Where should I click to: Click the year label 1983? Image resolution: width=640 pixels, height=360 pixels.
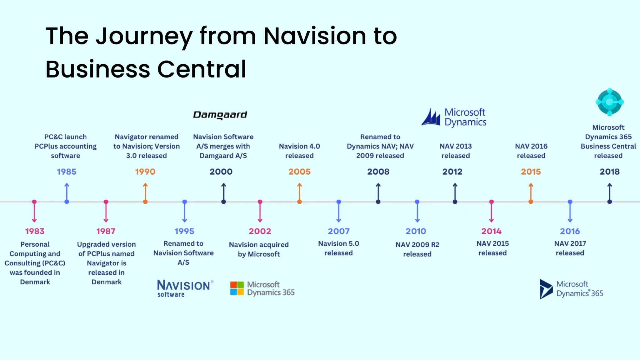[x=35, y=231]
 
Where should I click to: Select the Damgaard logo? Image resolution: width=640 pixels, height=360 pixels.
[x=220, y=115]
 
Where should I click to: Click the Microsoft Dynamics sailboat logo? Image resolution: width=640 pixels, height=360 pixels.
[x=431, y=117]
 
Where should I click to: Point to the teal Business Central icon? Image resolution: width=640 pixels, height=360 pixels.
[x=609, y=102]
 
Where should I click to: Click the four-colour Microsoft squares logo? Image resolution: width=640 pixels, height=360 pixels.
[x=237, y=288]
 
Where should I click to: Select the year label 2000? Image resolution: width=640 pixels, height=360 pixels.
[x=221, y=172]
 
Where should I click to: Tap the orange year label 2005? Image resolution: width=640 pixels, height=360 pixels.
[x=299, y=172]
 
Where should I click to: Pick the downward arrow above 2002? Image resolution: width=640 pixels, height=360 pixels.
[x=260, y=212]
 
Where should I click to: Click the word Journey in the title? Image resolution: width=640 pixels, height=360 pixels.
[x=144, y=36]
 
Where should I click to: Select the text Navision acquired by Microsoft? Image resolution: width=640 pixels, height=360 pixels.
[x=259, y=249]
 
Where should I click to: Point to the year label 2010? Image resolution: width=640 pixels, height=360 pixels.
[x=416, y=231]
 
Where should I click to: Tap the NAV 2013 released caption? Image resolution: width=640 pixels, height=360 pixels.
[x=455, y=151]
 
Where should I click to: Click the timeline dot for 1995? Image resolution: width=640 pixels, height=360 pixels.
[x=185, y=202]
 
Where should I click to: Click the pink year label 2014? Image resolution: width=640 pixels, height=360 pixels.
[x=491, y=231]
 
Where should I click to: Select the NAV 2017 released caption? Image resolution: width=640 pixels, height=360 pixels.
[x=570, y=248]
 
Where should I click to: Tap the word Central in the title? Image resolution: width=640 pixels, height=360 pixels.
[x=202, y=69]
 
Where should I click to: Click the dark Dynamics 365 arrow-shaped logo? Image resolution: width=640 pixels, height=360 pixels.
[x=546, y=289]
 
